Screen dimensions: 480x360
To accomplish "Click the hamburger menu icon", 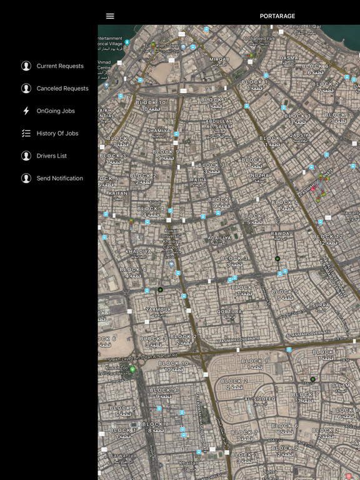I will [110, 16].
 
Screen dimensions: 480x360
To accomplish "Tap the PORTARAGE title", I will [277, 16].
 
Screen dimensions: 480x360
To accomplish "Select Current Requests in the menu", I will [59, 66].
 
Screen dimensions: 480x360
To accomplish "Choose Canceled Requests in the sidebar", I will [62, 89].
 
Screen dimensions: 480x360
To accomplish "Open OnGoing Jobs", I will [56, 111].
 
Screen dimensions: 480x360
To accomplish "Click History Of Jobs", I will [57, 134].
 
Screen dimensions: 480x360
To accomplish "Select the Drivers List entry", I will [51, 156].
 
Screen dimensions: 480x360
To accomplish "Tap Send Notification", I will [59, 179].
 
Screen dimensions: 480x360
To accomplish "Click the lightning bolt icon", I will [26, 111].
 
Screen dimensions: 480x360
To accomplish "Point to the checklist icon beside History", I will [26, 134].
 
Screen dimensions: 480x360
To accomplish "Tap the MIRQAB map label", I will [219, 59].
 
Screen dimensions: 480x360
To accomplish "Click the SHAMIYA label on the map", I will [158, 131].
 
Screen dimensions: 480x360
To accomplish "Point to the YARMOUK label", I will [158, 309].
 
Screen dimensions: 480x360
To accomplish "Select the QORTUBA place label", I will [229, 311].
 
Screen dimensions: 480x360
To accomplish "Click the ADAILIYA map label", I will [219, 238].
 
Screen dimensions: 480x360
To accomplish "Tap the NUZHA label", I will [259, 176].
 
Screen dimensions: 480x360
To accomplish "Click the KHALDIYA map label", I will [138, 252].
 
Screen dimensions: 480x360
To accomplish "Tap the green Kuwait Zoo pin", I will [132, 369].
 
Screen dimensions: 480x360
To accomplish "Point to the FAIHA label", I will [198, 180].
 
